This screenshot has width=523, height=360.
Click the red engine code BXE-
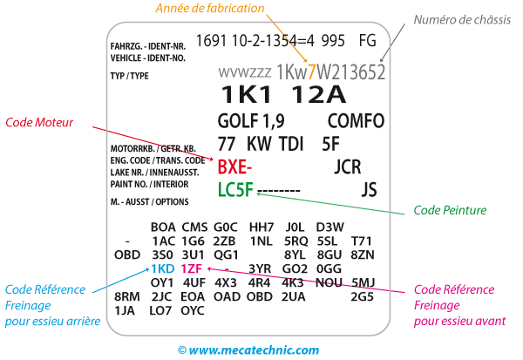(234, 166)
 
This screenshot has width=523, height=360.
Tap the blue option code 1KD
(163, 268)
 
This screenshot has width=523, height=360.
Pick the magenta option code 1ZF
(193, 268)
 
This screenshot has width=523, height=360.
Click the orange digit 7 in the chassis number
(311, 71)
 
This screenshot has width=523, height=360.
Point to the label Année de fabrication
(211, 9)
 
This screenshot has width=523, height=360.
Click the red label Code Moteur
(39, 123)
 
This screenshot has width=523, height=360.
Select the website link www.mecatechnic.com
(253, 350)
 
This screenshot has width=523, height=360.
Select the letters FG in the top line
(367, 39)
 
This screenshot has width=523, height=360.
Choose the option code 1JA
(125, 310)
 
